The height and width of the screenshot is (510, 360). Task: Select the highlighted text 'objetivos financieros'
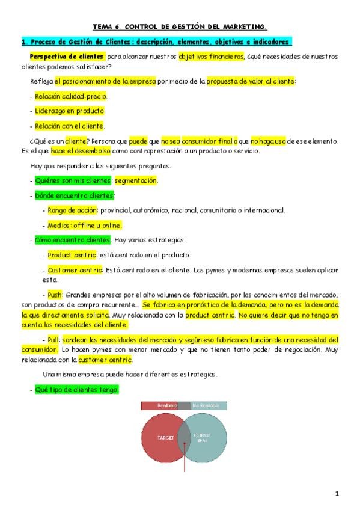pyautogui.click(x=211, y=56)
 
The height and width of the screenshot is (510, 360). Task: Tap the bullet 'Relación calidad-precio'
pyautogui.click(x=71, y=96)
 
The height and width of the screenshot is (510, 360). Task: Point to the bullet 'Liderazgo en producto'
pyautogui.click(x=70, y=111)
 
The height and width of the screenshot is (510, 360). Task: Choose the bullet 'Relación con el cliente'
pyautogui.click(x=70, y=126)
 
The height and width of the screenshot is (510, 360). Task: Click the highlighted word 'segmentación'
pyautogui.click(x=136, y=180)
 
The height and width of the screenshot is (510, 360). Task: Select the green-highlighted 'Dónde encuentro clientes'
pyautogui.click(x=75, y=195)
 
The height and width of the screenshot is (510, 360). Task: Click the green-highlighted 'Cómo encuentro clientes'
pyautogui.click(x=72, y=240)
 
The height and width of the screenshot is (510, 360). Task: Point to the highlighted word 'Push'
pyautogui.click(x=55, y=295)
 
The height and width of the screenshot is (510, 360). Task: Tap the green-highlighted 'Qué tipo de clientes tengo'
pyautogui.click(x=77, y=390)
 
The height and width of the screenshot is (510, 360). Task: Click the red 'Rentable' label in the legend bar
pyautogui.click(x=166, y=406)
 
